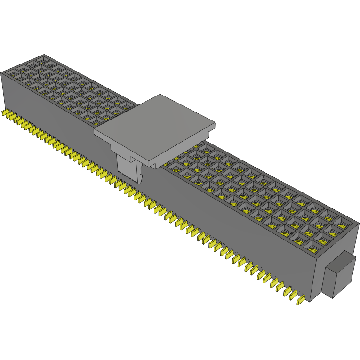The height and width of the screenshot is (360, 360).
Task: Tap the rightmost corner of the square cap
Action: click(x=215, y=124)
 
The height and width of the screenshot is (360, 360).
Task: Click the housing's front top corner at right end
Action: click(x=315, y=256)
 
